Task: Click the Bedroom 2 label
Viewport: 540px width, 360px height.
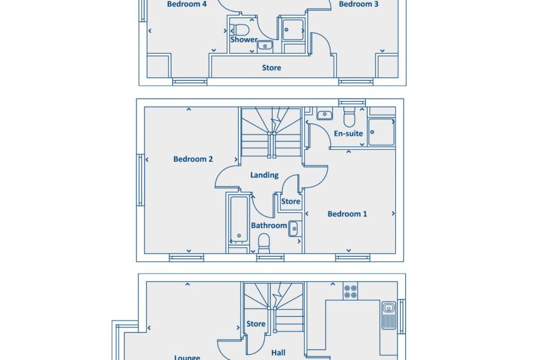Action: coord(193,159)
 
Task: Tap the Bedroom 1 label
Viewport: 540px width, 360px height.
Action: coord(347,214)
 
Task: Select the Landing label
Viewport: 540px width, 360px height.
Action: coord(264,175)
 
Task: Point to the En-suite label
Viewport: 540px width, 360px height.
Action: coord(348,133)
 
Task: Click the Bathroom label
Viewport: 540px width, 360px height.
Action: coord(269,225)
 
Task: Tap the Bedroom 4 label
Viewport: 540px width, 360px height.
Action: coord(187,4)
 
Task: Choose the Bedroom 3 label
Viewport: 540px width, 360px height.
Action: coord(358,4)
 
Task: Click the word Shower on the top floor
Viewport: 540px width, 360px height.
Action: coord(244,39)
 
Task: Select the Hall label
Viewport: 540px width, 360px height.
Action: coord(278,353)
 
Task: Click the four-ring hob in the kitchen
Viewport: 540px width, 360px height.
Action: coord(350,291)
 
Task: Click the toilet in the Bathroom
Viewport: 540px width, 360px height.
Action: coord(264,243)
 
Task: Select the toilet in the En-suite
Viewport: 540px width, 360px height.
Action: coord(349,117)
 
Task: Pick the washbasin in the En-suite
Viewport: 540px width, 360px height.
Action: coord(325,114)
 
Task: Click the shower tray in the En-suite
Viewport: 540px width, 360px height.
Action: coord(381,132)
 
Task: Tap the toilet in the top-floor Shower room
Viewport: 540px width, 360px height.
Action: coord(240,30)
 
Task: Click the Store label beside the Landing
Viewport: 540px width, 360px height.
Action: coord(291,201)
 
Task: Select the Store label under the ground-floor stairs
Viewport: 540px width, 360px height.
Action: coord(256,324)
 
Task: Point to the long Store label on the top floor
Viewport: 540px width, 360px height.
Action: coord(271,68)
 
